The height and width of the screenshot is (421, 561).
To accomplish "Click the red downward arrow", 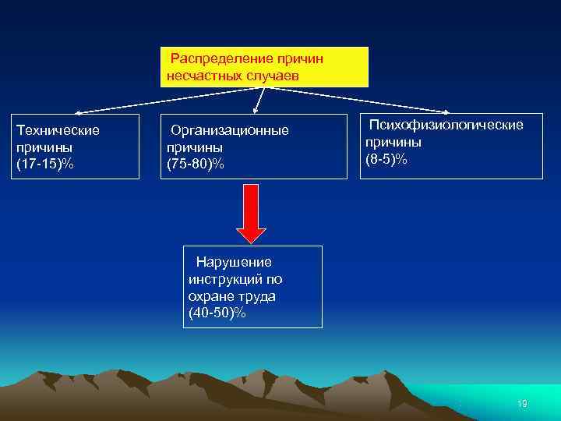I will [x=251, y=213].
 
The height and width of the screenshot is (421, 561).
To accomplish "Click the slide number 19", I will [x=522, y=403].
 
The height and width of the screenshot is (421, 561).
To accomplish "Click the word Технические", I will [x=58, y=129].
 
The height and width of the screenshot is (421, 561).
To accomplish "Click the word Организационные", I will [x=229, y=129].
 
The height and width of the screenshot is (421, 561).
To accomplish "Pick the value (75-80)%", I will [x=196, y=164].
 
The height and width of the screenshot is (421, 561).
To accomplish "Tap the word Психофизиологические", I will [x=446, y=125].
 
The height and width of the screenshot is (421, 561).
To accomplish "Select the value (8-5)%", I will [x=386, y=159].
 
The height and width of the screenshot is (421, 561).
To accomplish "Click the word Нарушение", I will [x=233, y=261].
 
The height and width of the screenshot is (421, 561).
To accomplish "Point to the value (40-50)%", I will [x=217, y=313].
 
